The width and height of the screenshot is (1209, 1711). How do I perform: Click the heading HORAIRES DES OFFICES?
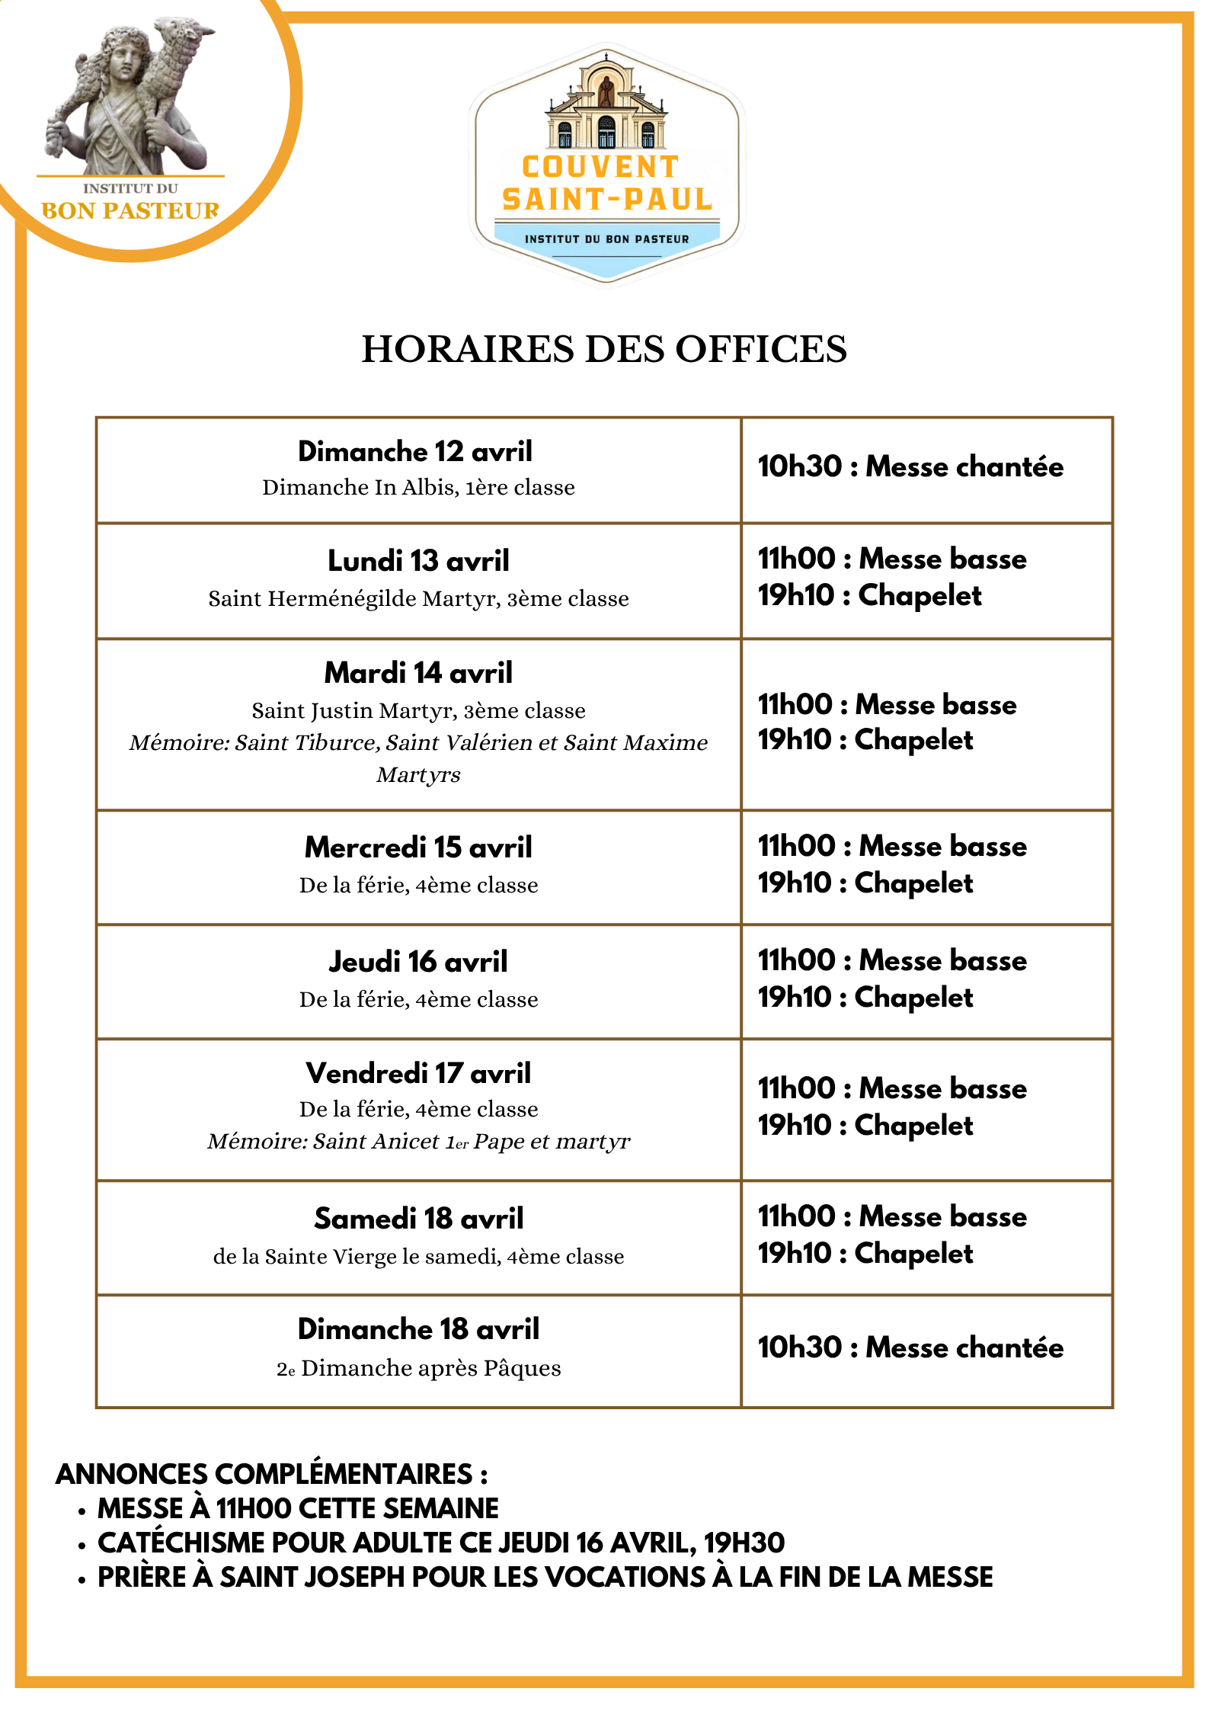pos(604,349)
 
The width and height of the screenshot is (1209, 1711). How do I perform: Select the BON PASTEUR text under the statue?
pos(130,211)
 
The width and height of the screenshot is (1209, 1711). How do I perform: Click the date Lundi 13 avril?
pos(418,561)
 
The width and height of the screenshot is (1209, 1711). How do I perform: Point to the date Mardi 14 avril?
pos(418,673)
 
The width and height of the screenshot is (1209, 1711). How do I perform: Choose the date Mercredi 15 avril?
pos(418,847)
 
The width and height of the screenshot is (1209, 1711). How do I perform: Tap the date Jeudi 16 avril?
pos(418,962)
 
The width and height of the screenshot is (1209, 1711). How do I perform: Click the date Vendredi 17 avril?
pos(418,1073)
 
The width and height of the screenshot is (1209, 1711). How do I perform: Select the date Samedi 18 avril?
pos(418,1219)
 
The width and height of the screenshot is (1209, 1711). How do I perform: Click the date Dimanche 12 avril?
pos(415,451)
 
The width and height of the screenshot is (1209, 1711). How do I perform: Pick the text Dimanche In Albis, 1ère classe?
pos(418,488)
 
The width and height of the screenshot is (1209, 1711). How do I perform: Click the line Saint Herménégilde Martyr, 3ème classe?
pos(418,599)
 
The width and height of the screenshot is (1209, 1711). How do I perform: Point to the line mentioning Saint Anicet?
pos(418,1142)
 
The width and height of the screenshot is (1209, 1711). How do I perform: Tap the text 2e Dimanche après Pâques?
pos(418,1369)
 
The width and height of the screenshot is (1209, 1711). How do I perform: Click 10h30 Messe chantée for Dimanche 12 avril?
pos(910,466)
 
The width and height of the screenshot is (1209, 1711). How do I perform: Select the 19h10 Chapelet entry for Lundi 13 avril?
pos(869,596)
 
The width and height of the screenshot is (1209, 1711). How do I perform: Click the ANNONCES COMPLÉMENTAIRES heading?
pos(272,1474)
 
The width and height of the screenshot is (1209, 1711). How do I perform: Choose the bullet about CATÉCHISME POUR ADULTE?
pos(441,1543)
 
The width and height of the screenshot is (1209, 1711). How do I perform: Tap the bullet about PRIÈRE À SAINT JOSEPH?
pos(545,1577)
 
